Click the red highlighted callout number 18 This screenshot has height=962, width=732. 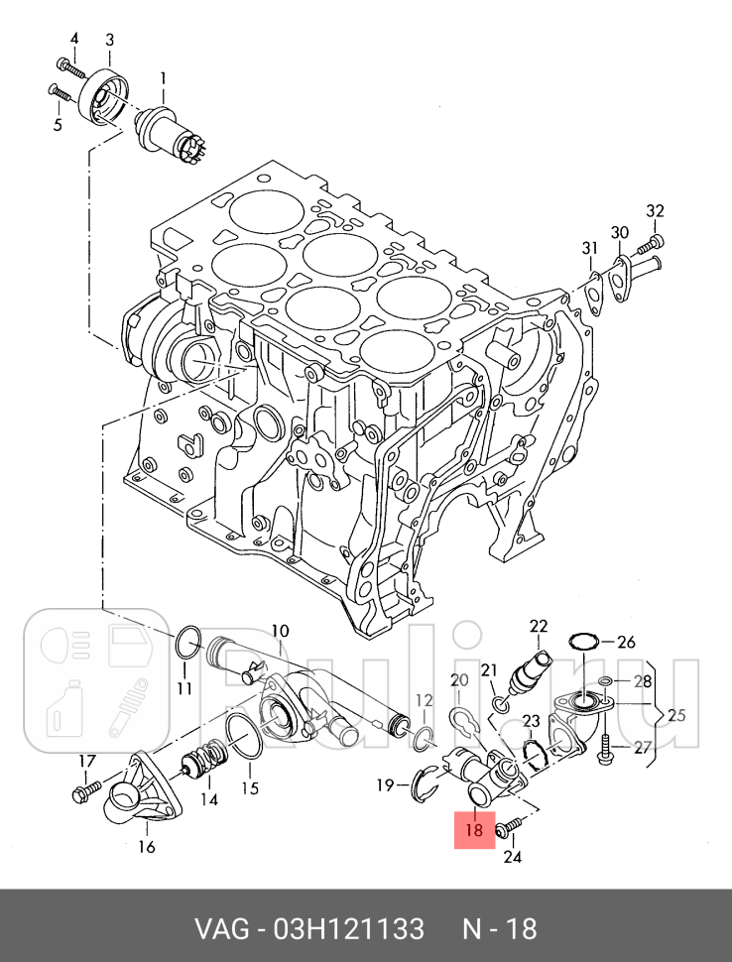click(474, 830)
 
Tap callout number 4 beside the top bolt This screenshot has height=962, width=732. click(74, 40)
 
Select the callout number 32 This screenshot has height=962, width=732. click(655, 211)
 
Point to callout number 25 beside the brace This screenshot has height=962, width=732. click(676, 715)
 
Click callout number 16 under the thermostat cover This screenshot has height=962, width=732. click(147, 847)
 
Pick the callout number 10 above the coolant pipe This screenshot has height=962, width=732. click(279, 632)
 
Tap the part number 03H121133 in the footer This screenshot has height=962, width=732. click(348, 929)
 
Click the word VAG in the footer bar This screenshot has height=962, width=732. click(221, 929)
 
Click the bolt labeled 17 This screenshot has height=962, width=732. click(86, 791)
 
